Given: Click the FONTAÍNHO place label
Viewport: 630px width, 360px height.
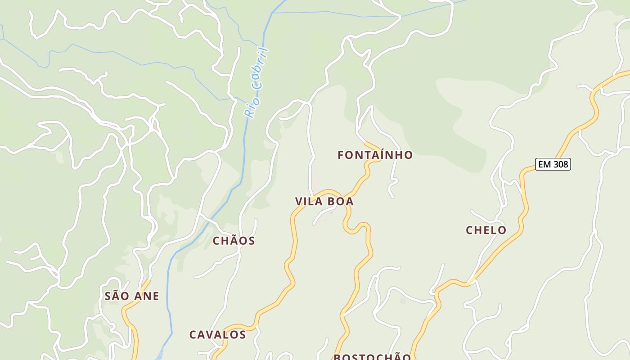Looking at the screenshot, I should pyautogui.click(x=375, y=155).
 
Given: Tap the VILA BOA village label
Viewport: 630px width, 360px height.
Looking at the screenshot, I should pyautogui.click(x=324, y=202).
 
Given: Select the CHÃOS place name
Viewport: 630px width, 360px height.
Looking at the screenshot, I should pyautogui.click(x=234, y=241).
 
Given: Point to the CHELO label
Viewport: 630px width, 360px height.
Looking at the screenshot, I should pyautogui.click(x=486, y=230).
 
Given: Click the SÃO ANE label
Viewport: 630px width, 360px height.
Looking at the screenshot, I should pyautogui.click(x=132, y=296).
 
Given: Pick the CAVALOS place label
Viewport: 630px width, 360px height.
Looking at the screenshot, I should pyautogui.click(x=217, y=335).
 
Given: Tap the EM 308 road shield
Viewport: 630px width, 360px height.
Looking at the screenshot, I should pyautogui.click(x=553, y=165).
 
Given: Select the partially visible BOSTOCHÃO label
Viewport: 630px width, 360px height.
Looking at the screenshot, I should pyautogui.click(x=372, y=357).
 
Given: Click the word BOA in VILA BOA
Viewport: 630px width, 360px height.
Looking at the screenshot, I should pyautogui.click(x=339, y=202).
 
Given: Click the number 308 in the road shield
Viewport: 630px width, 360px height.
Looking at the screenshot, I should pyautogui.click(x=560, y=165).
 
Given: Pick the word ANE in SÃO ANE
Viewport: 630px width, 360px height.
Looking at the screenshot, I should pyautogui.click(x=146, y=296).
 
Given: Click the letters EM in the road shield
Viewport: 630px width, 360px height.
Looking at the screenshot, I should pyautogui.click(x=544, y=165).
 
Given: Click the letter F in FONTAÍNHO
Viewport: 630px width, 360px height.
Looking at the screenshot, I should pyautogui.click(x=341, y=155).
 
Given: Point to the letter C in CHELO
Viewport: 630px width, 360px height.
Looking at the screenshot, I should pyautogui.click(x=469, y=230).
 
